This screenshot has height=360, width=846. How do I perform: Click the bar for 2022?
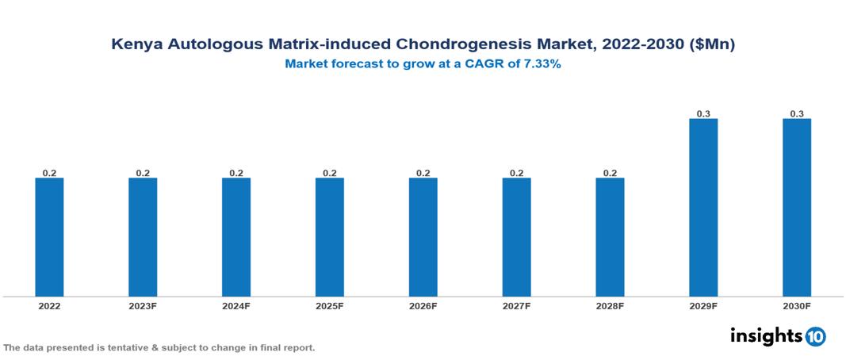[49, 237]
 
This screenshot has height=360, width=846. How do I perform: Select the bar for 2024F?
[236, 237]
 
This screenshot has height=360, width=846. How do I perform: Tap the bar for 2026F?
[423, 237]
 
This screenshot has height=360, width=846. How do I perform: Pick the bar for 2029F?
[703, 208]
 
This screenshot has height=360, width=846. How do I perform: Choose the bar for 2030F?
[797, 208]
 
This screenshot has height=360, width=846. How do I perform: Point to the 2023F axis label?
[143, 305]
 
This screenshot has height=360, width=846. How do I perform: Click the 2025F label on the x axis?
[330, 305]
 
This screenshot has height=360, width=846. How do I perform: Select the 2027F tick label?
[516, 305]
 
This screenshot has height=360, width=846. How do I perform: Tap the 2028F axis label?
[610, 305]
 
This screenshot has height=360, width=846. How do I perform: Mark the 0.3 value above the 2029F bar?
[703, 114]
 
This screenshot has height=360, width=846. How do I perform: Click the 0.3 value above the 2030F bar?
[797, 114]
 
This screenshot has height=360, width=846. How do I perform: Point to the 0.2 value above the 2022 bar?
[49, 173]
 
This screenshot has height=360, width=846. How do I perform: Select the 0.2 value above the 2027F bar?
[516, 173]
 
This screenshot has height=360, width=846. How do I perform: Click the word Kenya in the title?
[136, 45]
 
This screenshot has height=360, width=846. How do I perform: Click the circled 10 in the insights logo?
[816, 336]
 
